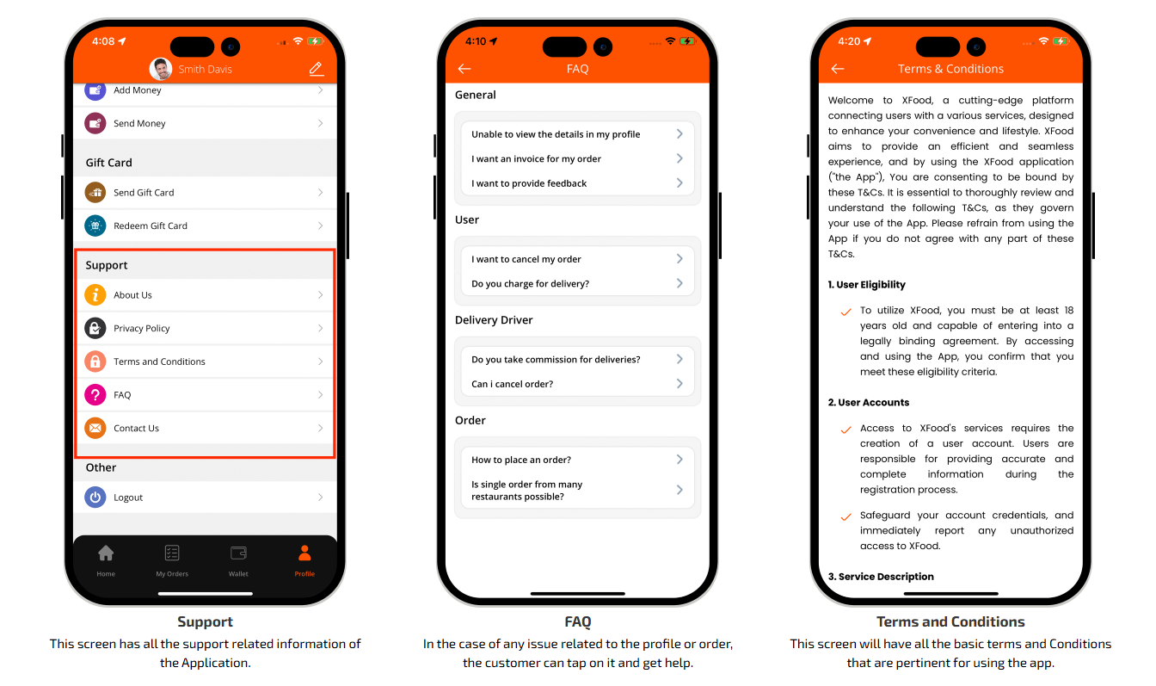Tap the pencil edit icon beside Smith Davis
317,69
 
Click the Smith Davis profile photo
161,69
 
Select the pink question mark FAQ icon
95,395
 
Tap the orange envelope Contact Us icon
95,428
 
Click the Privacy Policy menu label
141,328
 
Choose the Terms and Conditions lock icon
95,362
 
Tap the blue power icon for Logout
95,497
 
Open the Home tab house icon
106,553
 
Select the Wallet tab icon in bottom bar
238,553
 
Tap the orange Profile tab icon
304,553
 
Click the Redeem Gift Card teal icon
95,226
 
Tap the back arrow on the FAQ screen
464,69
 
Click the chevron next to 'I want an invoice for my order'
679,158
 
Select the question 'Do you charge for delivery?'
530,283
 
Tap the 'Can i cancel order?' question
512,384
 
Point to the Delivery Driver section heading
494,319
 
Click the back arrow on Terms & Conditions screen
838,69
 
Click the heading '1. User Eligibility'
866,285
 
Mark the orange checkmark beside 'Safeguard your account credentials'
845,516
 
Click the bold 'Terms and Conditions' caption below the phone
950,621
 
